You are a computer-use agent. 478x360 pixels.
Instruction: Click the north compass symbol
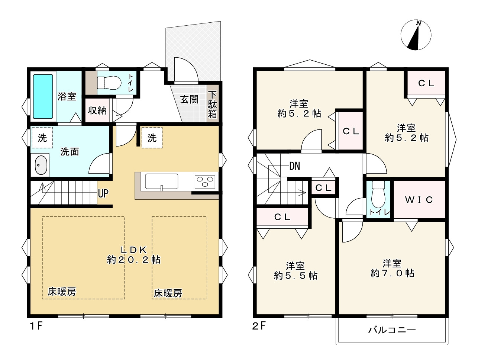click(x=416, y=35)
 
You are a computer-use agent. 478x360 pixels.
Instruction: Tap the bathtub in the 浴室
click(x=43, y=96)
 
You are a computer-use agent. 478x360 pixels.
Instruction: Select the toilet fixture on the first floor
click(x=109, y=83)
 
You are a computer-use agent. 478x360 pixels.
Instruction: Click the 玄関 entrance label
click(x=189, y=100)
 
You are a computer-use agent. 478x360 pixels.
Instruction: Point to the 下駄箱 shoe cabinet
click(x=212, y=105)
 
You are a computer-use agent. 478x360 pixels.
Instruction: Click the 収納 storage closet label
click(x=97, y=110)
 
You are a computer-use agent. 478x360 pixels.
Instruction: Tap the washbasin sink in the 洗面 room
click(x=41, y=165)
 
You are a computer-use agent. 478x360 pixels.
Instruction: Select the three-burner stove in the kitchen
click(x=205, y=181)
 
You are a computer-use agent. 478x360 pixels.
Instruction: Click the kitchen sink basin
click(x=161, y=181)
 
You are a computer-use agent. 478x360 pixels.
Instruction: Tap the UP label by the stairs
click(x=103, y=193)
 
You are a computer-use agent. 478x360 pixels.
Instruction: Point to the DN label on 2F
click(x=295, y=166)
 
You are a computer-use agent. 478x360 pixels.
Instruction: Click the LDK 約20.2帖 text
click(x=133, y=255)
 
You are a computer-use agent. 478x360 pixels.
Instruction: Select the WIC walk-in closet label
click(x=419, y=200)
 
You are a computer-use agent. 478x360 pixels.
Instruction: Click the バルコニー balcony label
click(x=392, y=330)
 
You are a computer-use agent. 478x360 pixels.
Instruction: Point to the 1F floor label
click(x=36, y=326)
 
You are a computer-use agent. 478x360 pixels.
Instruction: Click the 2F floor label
click(x=259, y=326)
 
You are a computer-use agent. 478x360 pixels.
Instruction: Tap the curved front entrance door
click(x=186, y=69)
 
